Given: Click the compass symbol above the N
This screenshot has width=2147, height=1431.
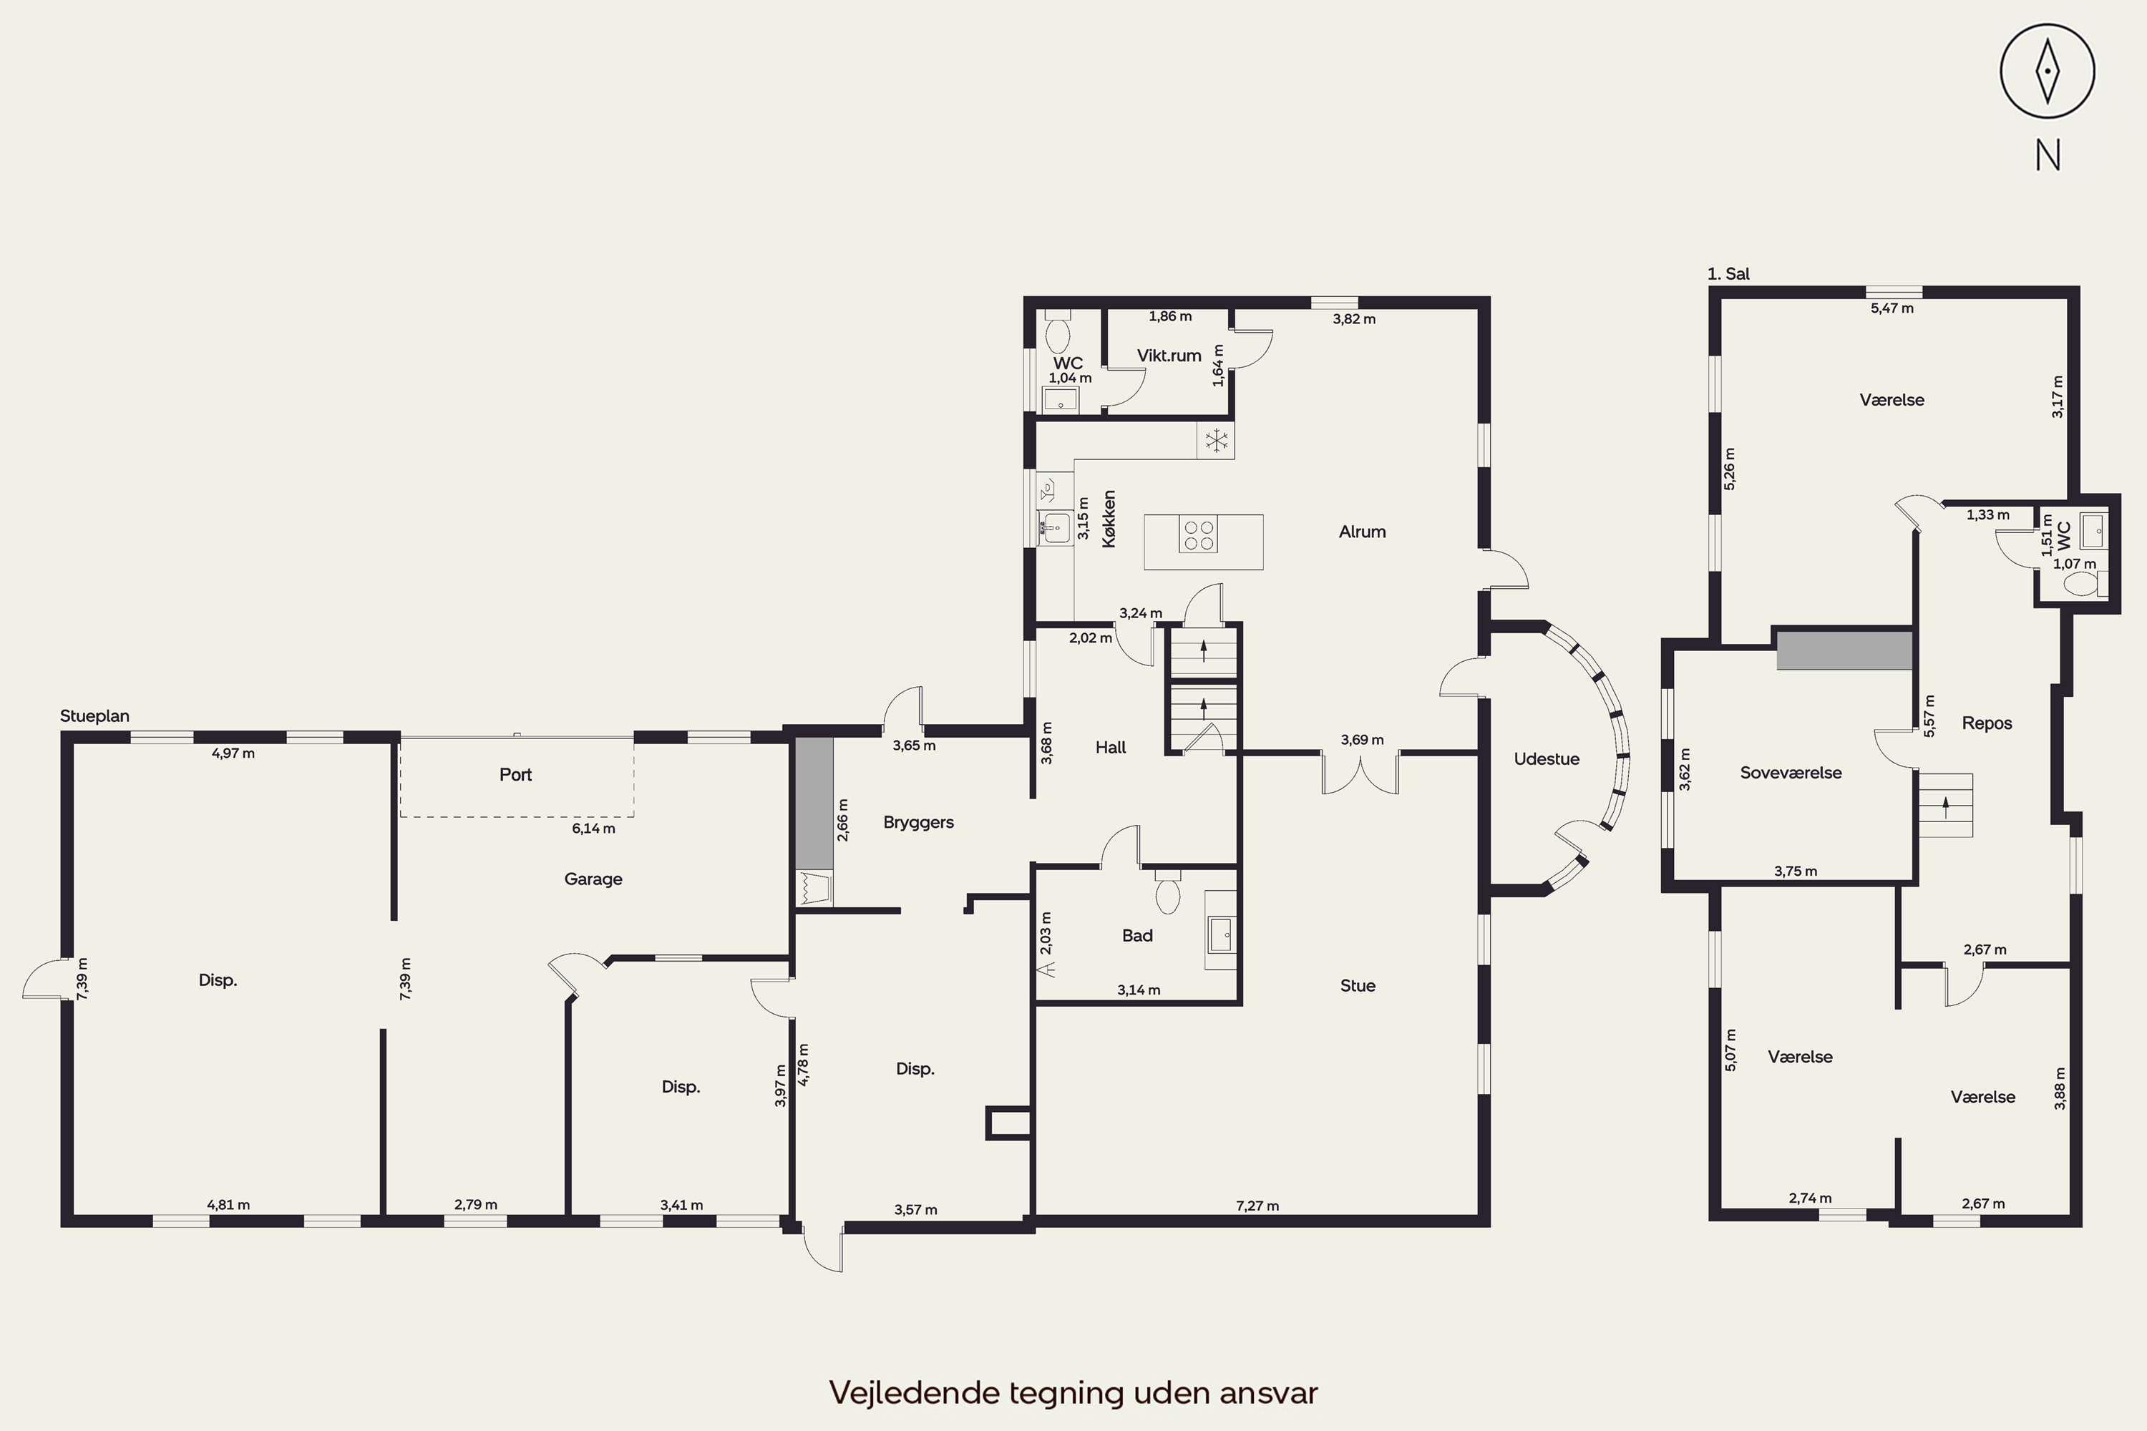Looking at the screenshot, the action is pos(2048,71).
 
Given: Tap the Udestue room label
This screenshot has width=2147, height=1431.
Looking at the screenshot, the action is pos(1547,758).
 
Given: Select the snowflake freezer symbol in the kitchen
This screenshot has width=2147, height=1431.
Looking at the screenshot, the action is pos(1216,441).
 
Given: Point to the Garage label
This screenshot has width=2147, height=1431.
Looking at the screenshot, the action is pos(593,879).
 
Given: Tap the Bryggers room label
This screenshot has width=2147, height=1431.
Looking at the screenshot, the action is pos(918,822).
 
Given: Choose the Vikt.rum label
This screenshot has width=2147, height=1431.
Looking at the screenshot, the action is pos(1169,355).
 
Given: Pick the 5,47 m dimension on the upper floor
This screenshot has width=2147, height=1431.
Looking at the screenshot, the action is pos(1892,308).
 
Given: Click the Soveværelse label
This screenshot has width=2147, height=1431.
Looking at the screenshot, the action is pos(1791,772).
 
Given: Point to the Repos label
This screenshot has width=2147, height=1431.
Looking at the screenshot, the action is pos(1987,723).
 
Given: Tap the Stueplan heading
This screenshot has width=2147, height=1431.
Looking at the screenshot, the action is pos(95,716).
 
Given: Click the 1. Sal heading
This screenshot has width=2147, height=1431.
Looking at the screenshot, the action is pos(1728,274).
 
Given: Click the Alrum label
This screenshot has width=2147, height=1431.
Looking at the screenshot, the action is pos(1362,531).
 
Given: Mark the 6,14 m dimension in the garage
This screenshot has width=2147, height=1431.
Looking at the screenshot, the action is pos(593,829).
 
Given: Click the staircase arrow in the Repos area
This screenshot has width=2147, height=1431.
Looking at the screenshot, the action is pos(1945,805).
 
